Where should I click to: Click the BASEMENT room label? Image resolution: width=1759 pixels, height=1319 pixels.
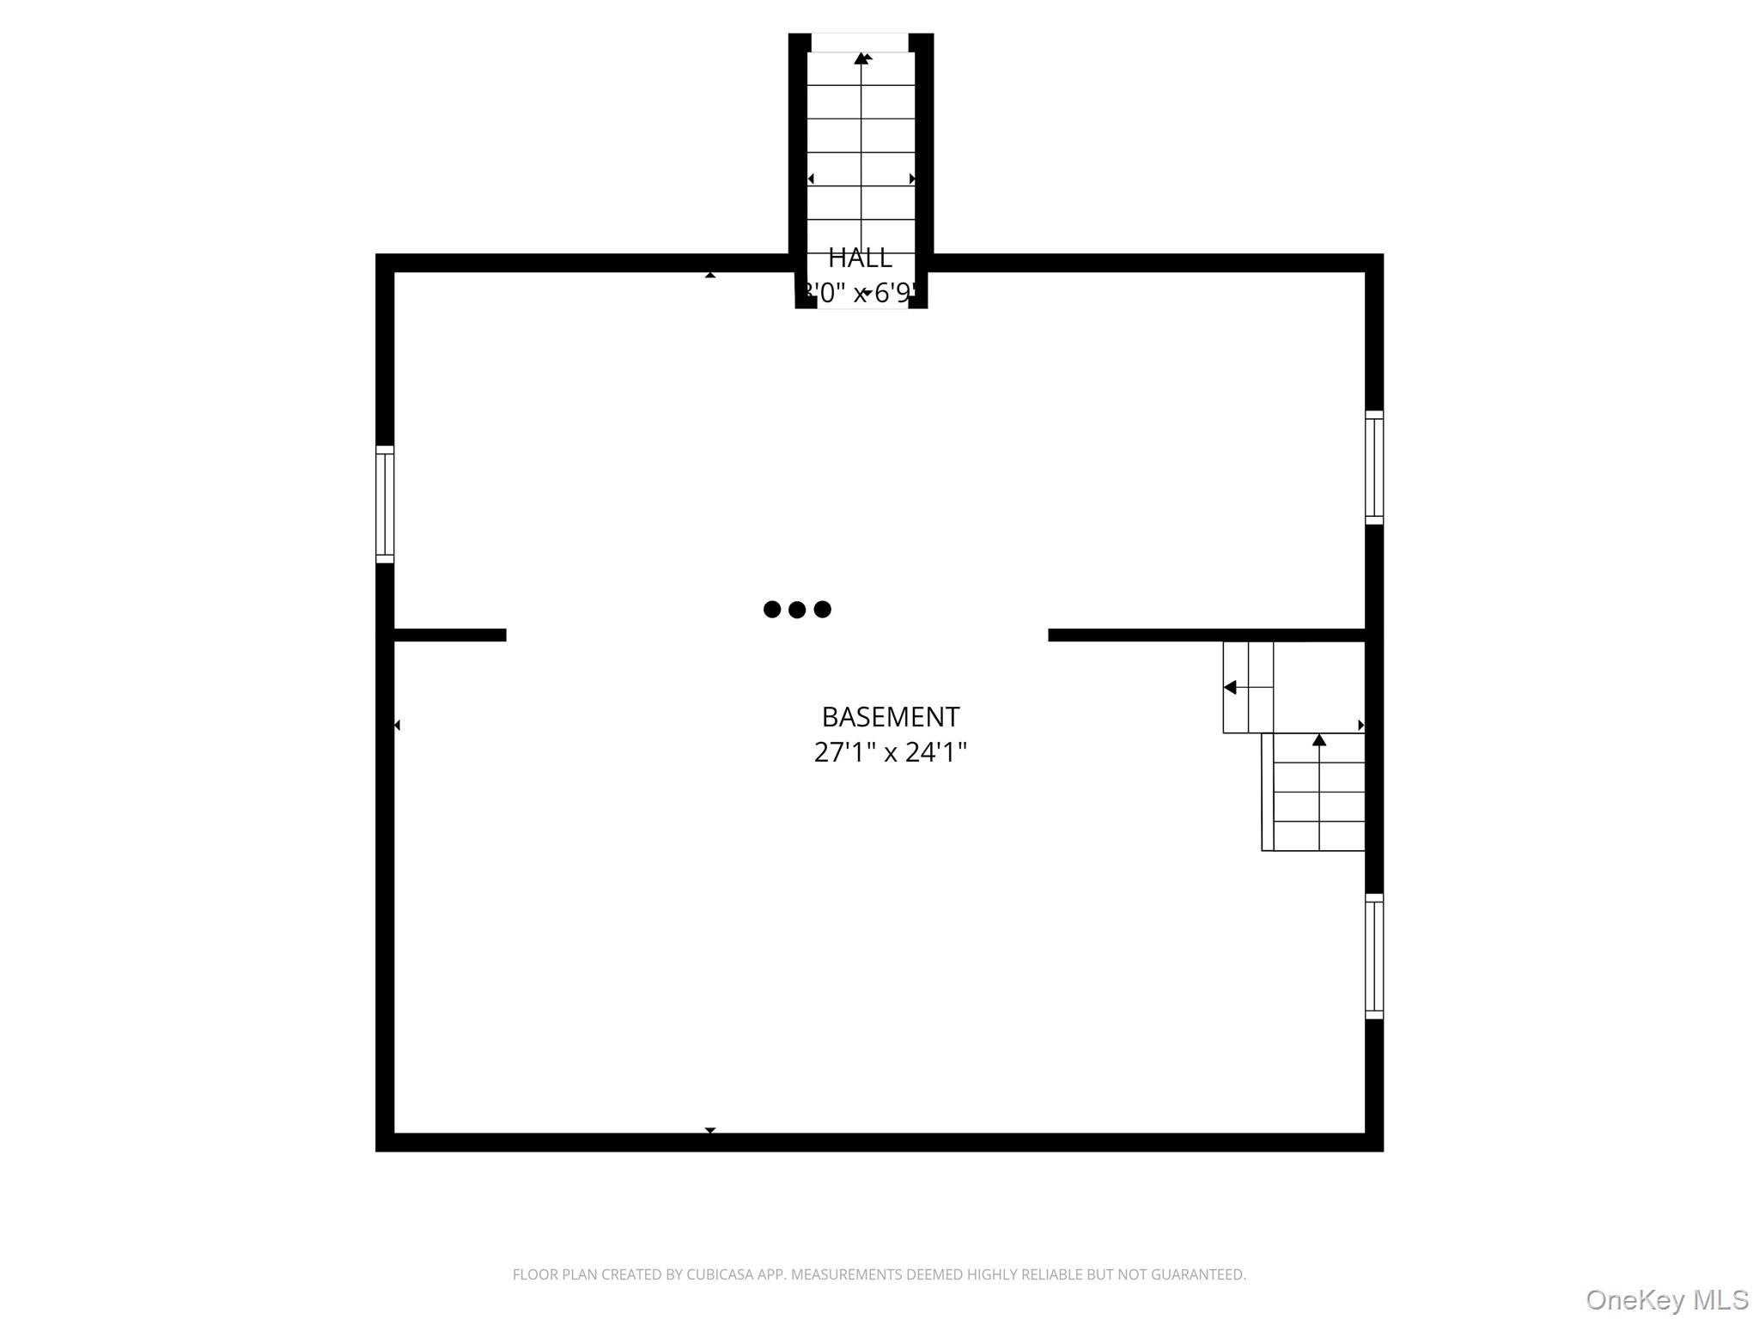[x=890, y=716]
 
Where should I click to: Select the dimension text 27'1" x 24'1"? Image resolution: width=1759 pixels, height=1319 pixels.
[x=890, y=752]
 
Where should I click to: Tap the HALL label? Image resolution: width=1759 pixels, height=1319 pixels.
[x=860, y=258]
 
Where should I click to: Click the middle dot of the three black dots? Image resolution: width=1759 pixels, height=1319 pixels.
[x=797, y=610]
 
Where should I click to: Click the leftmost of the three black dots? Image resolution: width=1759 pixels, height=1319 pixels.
[x=772, y=610]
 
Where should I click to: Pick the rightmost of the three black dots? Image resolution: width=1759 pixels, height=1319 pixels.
[x=823, y=610]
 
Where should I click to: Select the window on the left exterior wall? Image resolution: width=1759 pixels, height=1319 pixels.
[x=385, y=504]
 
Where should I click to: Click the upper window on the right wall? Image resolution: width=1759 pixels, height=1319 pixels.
[x=1374, y=467]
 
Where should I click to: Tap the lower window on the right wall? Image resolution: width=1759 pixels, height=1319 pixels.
[x=1374, y=956]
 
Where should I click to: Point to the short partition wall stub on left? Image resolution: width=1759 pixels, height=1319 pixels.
[x=449, y=635]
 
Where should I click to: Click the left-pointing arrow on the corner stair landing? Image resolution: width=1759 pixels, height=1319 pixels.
[x=1230, y=687]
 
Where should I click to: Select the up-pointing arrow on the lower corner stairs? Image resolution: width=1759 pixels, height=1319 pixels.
[x=1319, y=739]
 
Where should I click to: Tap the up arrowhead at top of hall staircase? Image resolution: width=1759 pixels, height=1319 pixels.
[x=861, y=58]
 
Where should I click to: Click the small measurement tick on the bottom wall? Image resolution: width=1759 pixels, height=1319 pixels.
[x=710, y=1130]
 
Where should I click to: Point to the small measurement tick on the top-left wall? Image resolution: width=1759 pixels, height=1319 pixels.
[x=710, y=275]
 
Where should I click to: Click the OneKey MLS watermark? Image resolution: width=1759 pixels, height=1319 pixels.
[x=1666, y=1299]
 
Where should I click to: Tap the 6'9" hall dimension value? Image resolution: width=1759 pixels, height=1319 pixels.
[x=893, y=294]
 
